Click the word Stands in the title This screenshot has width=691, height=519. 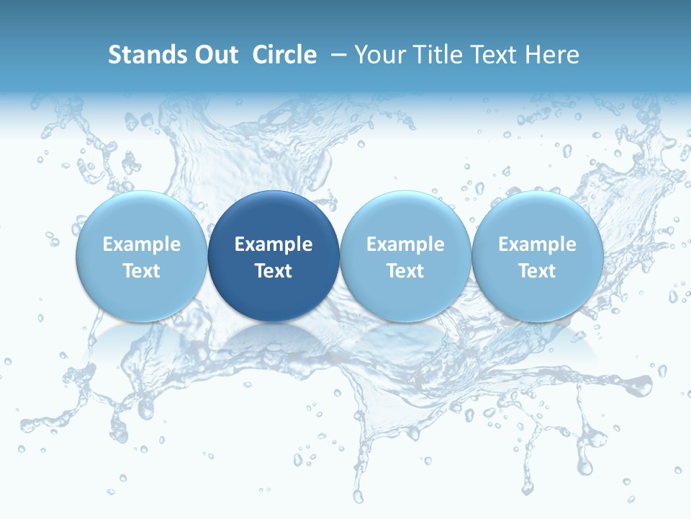point(143,55)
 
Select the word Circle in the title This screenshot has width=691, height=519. point(284,55)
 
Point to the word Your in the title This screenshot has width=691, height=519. point(380,55)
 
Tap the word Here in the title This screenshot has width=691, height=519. point(552,55)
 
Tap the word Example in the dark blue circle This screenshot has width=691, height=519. point(274,244)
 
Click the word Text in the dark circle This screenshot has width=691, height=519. point(274,271)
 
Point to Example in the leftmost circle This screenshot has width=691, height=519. point(142,244)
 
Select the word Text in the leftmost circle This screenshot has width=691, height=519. point(142,271)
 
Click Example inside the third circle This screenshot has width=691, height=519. point(405,244)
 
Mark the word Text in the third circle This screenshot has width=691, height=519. point(405,271)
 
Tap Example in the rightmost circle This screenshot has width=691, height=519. point(537,244)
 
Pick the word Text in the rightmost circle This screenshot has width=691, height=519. point(537,271)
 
